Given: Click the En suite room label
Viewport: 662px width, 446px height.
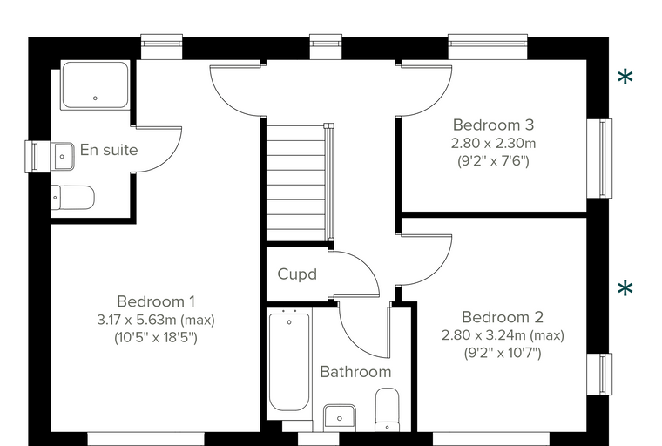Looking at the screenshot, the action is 109,150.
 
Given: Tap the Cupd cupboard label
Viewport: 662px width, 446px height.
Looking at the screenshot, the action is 297,274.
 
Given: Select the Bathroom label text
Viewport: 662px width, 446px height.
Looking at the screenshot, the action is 355,372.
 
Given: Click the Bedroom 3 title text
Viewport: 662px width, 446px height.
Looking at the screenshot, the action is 493,125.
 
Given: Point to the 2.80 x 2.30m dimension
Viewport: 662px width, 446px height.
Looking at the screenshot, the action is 493,143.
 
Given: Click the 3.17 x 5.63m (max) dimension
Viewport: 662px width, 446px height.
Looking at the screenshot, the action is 156,320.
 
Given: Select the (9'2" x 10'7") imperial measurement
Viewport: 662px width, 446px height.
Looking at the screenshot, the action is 503,353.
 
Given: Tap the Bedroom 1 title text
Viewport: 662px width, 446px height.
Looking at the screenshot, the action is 156,301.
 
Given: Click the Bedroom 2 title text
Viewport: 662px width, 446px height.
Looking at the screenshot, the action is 503,317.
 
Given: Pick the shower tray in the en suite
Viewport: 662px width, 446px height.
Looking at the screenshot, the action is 95,85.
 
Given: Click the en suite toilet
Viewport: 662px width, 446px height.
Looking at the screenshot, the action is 72,197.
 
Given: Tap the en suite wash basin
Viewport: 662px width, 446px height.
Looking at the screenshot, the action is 63,156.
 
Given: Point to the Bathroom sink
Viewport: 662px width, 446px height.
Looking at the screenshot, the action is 340,418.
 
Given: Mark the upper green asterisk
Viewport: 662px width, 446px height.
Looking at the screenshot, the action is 625,78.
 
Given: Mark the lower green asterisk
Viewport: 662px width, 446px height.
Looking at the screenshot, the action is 625,289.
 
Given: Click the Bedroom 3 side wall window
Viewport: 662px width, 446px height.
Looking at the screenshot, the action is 599,159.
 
